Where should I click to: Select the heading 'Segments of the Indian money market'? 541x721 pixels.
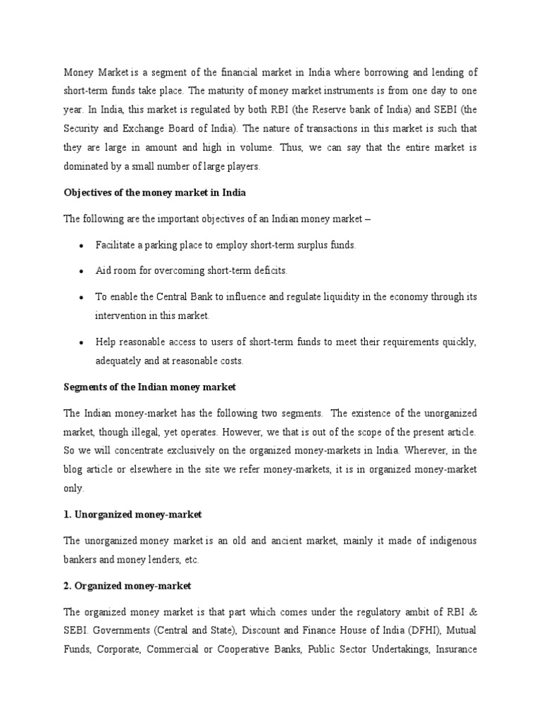coord(150,387)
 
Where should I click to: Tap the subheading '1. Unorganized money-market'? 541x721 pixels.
coord(132,515)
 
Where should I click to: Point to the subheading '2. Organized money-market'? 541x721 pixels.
coord(127,586)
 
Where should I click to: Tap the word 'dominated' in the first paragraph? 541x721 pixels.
coord(86,167)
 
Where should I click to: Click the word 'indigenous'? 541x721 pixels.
coord(446,541)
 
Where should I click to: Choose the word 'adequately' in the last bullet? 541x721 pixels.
coord(120,360)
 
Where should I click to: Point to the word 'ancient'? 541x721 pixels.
coord(285,541)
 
